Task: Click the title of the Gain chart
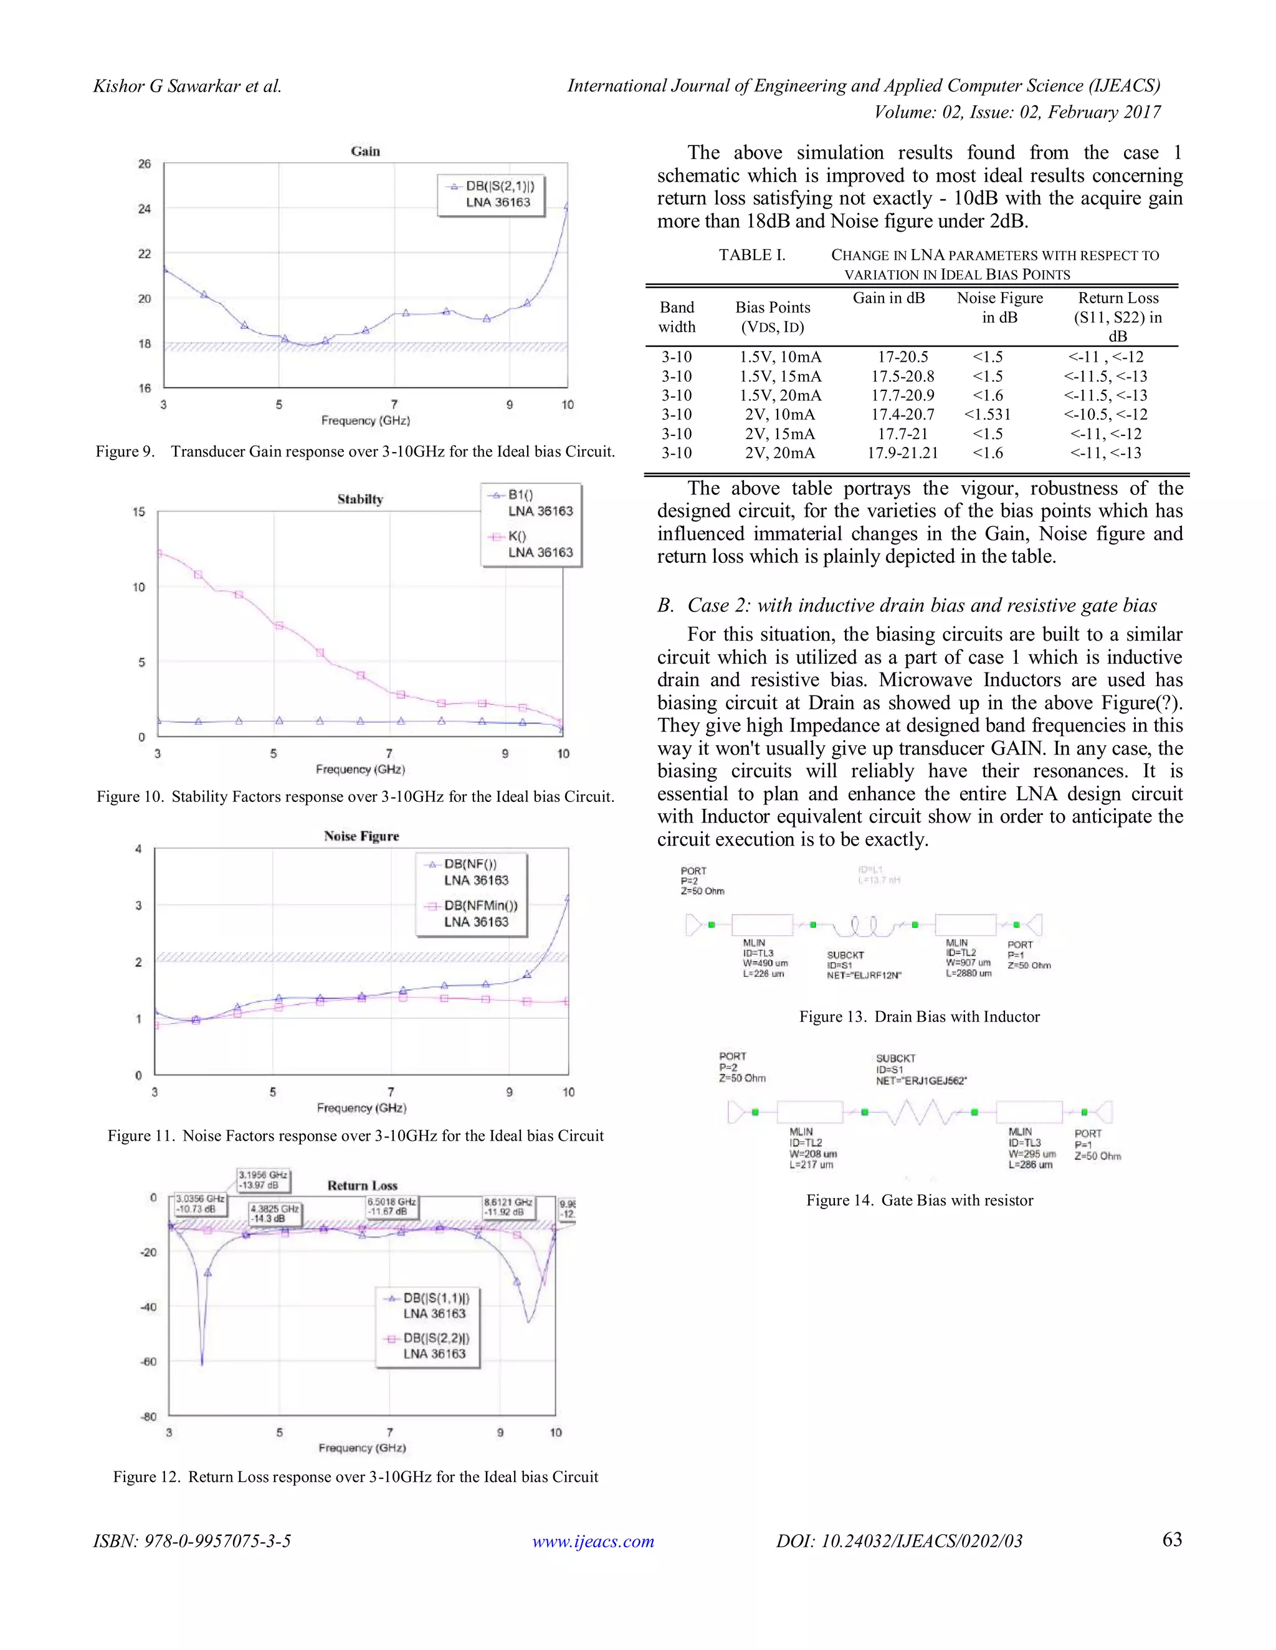pyautogui.click(x=365, y=151)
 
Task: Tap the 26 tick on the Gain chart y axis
pyautogui.click(x=145, y=164)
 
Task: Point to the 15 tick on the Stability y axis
pyautogui.click(x=139, y=512)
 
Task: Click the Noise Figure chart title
pyautogui.click(x=361, y=836)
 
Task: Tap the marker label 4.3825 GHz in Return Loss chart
pyautogui.click(x=274, y=1214)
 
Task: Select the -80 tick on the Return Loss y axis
pyautogui.click(x=148, y=1417)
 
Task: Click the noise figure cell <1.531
pyautogui.click(x=988, y=415)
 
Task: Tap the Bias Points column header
pyautogui.click(x=772, y=316)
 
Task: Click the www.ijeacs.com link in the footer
pyautogui.click(x=593, y=1541)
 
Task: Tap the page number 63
pyautogui.click(x=1172, y=1540)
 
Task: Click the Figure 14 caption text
pyautogui.click(x=919, y=1200)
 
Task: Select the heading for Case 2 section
pyautogui.click(x=907, y=605)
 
